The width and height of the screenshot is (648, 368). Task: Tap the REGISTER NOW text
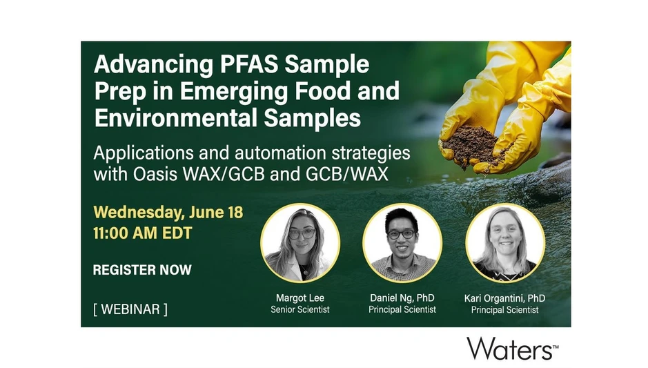(142, 269)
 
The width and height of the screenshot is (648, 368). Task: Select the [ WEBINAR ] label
(130, 309)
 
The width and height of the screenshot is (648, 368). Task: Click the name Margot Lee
(300, 298)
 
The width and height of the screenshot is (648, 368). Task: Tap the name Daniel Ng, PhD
(402, 298)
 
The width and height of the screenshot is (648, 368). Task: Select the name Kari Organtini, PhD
(504, 298)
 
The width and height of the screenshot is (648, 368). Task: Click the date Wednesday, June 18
(168, 211)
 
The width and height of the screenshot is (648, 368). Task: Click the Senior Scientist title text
(300, 309)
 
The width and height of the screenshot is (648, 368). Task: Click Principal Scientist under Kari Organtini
(504, 309)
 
